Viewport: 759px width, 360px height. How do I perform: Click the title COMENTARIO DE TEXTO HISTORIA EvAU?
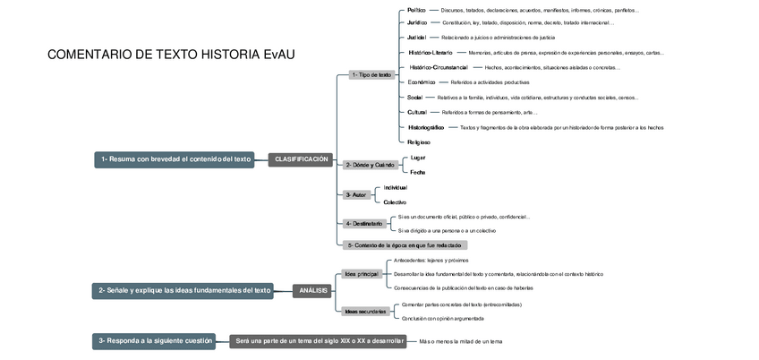pos(171,55)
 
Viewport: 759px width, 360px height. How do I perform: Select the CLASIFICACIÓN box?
pos(302,159)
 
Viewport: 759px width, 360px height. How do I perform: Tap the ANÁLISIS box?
pos(314,290)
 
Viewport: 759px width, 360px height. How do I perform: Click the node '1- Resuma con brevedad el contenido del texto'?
pos(176,159)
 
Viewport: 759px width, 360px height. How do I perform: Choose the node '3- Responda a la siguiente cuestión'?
pos(156,340)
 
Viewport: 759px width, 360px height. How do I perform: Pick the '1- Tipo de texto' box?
pos(371,75)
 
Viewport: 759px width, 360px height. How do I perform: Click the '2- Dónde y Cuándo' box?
pos(370,165)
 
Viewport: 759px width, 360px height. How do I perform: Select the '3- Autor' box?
pos(355,194)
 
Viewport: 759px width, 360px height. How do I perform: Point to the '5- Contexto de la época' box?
pos(405,244)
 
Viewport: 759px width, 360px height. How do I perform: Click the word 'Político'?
pos(416,10)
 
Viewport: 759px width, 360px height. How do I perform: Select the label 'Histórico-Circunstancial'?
pos(439,67)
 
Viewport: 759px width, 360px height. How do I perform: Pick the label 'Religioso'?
pos(419,141)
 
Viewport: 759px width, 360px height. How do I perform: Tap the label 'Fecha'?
pos(418,172)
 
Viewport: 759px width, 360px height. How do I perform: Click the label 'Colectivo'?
pos(395,202)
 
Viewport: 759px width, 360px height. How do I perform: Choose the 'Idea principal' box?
pos(362,273)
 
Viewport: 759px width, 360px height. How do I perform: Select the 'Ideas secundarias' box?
pos(365,311)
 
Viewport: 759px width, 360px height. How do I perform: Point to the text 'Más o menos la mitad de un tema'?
pos(460,341)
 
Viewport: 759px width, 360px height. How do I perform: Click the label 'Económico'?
pos(421,81)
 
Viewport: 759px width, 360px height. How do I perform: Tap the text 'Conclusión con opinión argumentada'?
pos(443,318)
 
